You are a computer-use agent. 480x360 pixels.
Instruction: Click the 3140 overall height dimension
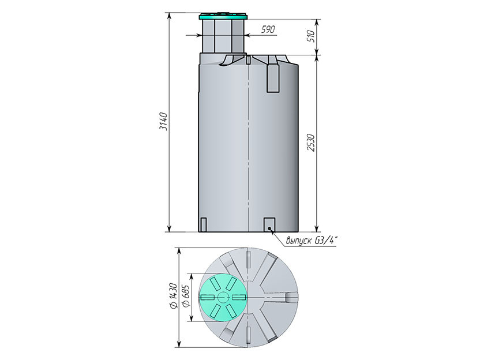(164, 122)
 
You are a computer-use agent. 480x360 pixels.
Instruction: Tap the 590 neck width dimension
(268, 29)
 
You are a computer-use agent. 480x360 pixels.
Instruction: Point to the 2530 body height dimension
(311, 142)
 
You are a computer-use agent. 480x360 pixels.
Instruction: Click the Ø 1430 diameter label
(173, 296)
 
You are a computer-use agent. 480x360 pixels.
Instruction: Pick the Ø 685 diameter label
(186, 296)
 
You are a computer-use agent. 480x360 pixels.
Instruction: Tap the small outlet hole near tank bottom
(269, 228)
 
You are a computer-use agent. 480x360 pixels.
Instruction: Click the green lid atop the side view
(223, 16)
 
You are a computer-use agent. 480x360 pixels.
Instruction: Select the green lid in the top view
(223, 297)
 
